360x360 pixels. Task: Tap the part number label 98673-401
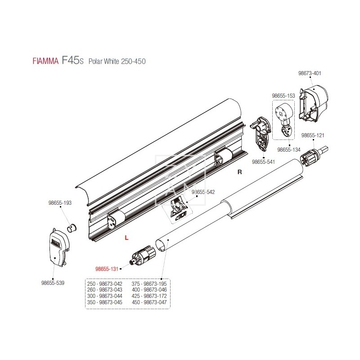(x=310, y=73)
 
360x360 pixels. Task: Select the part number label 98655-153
(x=283, y=96)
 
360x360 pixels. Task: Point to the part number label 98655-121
(x=313, y=135)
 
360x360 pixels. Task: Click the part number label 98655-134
(x=289, y=149)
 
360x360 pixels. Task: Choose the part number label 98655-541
(x=263, y=162)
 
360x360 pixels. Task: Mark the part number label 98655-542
(x=203, y=192)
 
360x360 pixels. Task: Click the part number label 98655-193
(x=60, y=203)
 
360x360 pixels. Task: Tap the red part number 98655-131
(x=106, y=270)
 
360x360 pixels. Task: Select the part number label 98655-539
(x=53, y=283)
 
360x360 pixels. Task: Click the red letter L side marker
(x=127, y=237)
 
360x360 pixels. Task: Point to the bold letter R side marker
(x=240, y=172)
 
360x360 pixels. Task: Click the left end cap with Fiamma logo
(x=57, y=247)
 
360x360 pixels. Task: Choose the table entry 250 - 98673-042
(x=105, y=283)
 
